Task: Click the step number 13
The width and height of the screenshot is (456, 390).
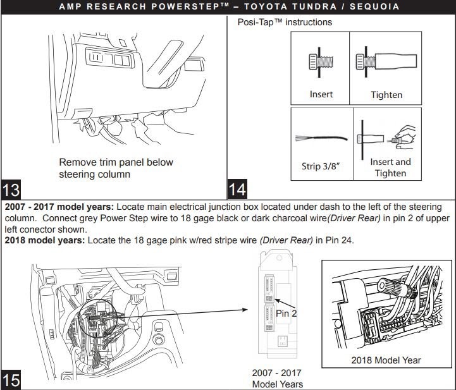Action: [x=12, y=189]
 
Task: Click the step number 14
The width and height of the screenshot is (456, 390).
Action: [x=238, y=189]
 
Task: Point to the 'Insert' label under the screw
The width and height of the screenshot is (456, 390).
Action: [x=321, y=95]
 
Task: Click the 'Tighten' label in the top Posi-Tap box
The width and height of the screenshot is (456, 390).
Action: [x=386, y=95]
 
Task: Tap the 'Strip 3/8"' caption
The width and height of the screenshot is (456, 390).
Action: [x=322, y=167]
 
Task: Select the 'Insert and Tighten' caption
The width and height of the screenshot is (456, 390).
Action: [x=390, y=168]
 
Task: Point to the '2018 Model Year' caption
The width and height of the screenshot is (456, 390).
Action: [x=386, y=360]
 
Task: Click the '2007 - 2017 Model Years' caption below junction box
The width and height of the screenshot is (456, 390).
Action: [x=277, y=379]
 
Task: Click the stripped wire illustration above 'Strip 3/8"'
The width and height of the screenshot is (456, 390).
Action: [x=323, y=138]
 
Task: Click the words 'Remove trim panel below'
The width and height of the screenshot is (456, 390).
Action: [x=116, y=162]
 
